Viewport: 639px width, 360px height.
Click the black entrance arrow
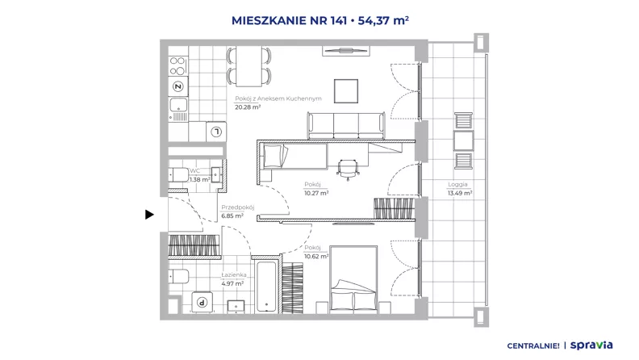coord(149,215)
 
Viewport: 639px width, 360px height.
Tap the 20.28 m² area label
coord(248,107)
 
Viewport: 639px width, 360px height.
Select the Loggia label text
coord(457,184)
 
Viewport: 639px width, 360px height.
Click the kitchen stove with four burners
coord(178,66)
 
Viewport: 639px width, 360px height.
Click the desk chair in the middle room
coord(348,170)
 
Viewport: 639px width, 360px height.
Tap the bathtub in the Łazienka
coord(267,287)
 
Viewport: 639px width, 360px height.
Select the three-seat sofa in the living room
coord(346,126)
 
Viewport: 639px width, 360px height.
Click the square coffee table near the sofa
coord(346,91)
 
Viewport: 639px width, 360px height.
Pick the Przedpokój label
coord(237,207)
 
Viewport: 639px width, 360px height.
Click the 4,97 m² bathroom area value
coord(232,283)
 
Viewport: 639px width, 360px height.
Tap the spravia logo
coord(591,345)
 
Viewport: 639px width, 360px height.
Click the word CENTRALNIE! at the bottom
coord(533,345)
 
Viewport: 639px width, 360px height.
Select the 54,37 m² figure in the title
coord(383,20)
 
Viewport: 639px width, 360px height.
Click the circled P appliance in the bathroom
coord(203,302)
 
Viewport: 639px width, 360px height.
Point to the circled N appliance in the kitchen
coord(178,86)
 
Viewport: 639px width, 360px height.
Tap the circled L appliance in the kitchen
coord(216,132)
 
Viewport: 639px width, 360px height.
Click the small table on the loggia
coord(464,140)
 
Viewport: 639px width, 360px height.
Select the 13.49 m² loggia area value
coord(460,193)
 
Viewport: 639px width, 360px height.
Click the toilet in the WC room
coord(178,175)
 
